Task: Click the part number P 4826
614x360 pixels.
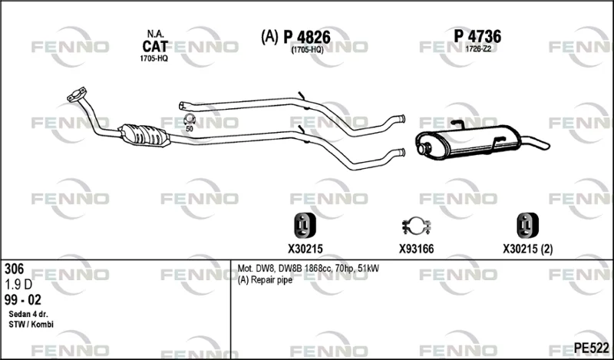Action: (x=307, y=38)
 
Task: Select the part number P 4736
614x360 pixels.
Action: (x=477, y=37)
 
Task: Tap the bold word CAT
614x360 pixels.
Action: (x=155, y=47)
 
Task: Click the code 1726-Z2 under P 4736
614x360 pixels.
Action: (x=477, y=49)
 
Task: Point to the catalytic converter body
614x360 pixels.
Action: (x=144, y=136)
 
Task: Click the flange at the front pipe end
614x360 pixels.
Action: (x=76, y=94)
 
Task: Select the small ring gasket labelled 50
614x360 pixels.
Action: (x=190, y=119)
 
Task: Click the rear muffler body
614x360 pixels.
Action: (x=468, y=142)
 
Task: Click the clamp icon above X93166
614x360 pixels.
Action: (x=416, y=226)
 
